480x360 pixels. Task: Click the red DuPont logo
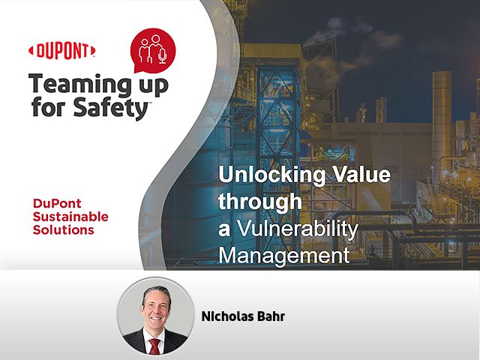61,51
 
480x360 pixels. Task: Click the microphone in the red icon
163,56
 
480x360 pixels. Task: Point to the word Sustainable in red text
70,217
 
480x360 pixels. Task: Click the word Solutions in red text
63,230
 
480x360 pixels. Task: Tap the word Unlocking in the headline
272,175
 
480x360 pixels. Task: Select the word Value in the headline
361,174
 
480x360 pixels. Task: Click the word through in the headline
260,202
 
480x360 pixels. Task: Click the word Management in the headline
284,255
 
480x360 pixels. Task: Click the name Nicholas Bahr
243,316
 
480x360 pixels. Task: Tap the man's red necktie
155,346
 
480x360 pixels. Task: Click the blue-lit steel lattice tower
277,138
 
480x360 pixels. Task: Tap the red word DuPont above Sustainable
57,203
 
